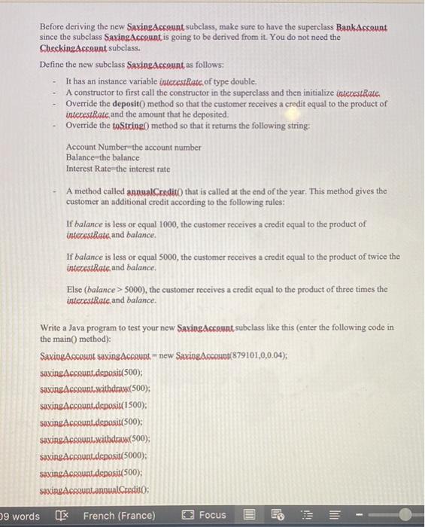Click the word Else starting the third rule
74,288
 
